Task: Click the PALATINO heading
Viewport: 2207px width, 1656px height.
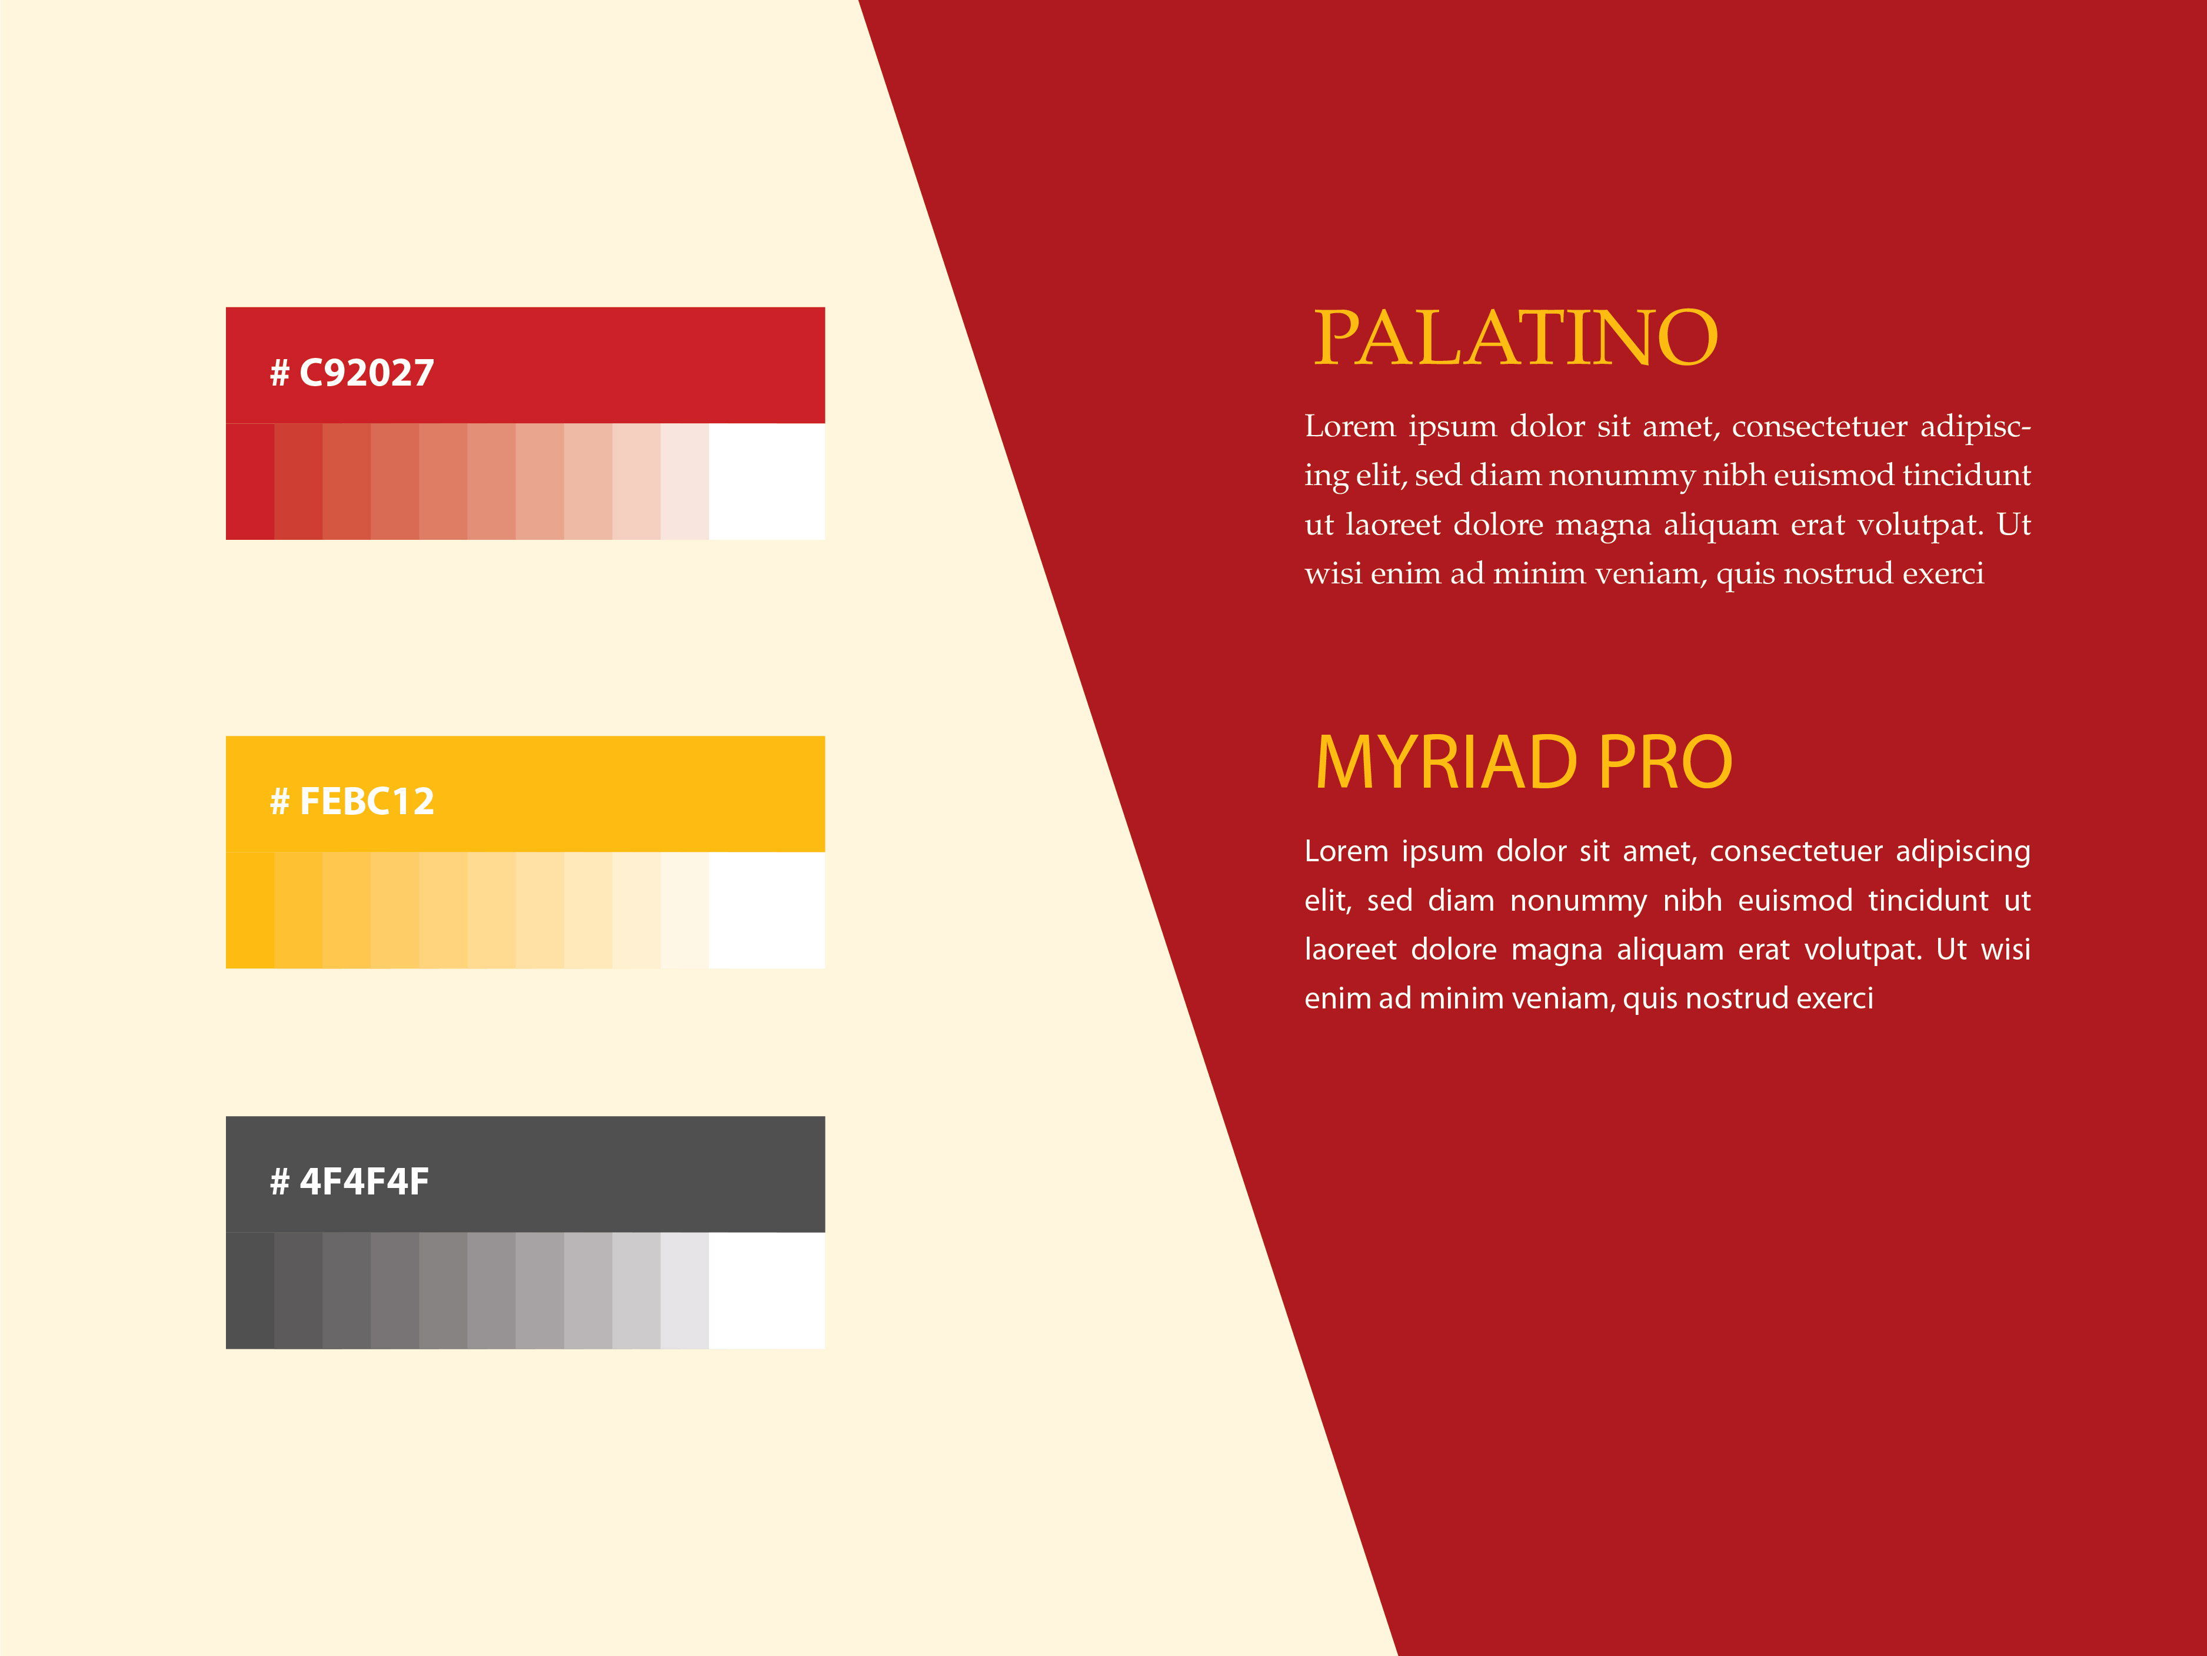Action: (1516, 337)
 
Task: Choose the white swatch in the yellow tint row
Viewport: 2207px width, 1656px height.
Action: (766, 910)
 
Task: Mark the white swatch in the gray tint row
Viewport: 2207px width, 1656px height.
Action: (766, 1290)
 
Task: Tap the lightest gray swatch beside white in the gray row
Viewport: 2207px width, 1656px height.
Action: (684, 1290)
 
